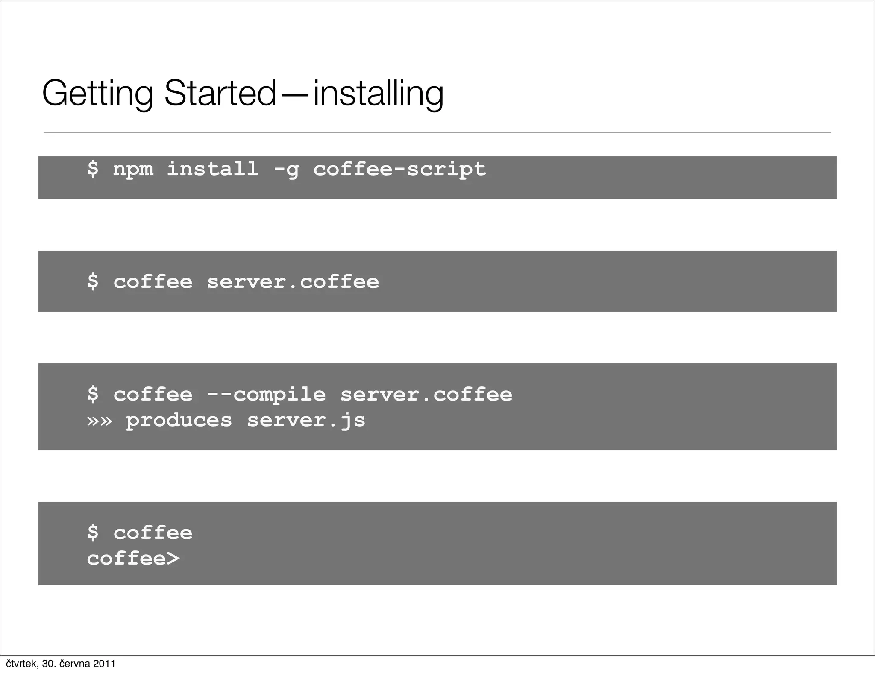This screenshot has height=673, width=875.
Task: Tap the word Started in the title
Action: click(x=220, y=93)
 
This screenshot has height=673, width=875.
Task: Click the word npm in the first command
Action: click(x=133, y=169)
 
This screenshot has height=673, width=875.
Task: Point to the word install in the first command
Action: click(x=212, y=168)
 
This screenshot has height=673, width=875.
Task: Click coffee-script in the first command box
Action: click(x=399, y=169)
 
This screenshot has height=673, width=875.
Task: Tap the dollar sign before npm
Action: click(x=93, y=168)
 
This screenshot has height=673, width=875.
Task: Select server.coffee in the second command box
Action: click(x=293, y=282)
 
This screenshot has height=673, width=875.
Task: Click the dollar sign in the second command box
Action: click(x=93, y=281)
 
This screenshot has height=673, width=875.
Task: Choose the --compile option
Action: click(x=266, y=395)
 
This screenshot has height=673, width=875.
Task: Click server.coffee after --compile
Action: click(x=426, y=394)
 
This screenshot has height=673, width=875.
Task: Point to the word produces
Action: click(x=179, y=421)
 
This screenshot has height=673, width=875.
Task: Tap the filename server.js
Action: click(x=306, y=421)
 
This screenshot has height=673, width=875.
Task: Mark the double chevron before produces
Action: click(x=99, y=421)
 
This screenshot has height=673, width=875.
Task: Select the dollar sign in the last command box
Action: click(x=93, y=533)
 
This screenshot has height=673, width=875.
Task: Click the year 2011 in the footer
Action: click(x=104, y=664)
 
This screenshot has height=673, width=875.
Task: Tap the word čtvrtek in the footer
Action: click(x=21, y=664)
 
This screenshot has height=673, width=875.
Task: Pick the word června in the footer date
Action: click(x=75, y=664)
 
